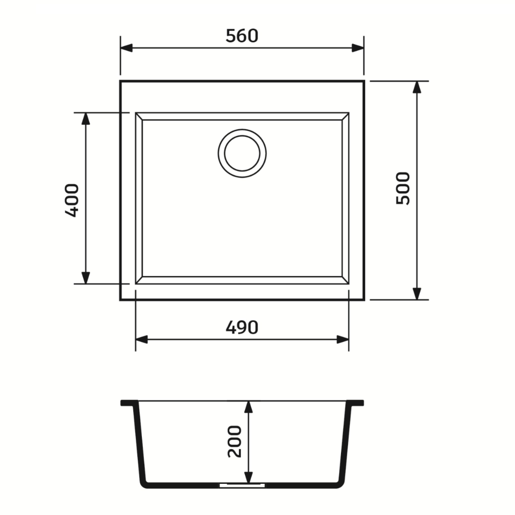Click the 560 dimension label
click(x=242, y=36)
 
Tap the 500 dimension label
click(x=403, y=189)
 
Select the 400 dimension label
click(x=72, y=200)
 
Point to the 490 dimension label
click(x=242, y=327)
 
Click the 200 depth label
click(x=234, y=442)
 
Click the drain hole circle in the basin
click(x=242, y=153)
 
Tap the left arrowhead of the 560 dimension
click(x=126, y=48)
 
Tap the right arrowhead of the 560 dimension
click(x=358, y=48)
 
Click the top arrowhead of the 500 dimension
click(x=417, y=87)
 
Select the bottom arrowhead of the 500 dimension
click(x=417, y=294)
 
